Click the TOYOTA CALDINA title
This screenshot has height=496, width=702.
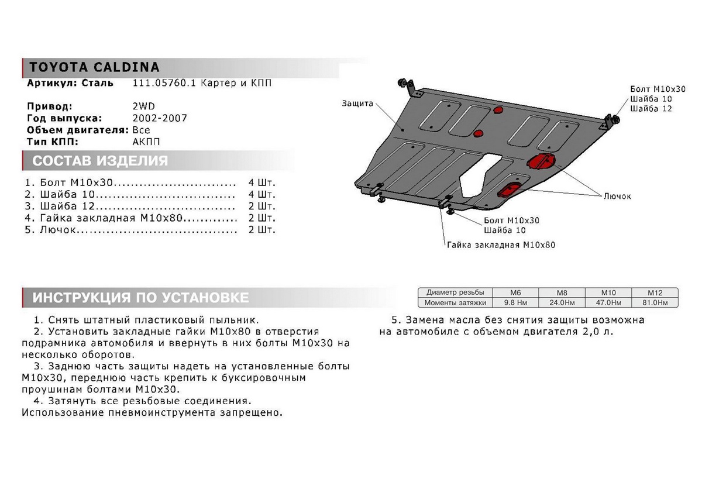94,67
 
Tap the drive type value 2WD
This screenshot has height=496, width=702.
143,106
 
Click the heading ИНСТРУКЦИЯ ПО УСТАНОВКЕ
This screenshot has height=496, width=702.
140,298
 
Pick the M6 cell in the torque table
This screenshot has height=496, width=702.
515,292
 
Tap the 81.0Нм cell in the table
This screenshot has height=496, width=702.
654,302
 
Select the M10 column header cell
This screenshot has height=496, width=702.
608,292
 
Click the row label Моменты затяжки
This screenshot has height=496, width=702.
455,302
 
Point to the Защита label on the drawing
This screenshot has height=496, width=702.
358,104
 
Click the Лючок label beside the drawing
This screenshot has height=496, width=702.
617,197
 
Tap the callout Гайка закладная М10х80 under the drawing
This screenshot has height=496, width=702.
501,244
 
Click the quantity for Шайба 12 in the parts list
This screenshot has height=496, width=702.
262,207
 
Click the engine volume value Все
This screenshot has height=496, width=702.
141,130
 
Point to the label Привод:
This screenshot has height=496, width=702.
50,106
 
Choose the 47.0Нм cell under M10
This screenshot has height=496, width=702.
608,302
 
